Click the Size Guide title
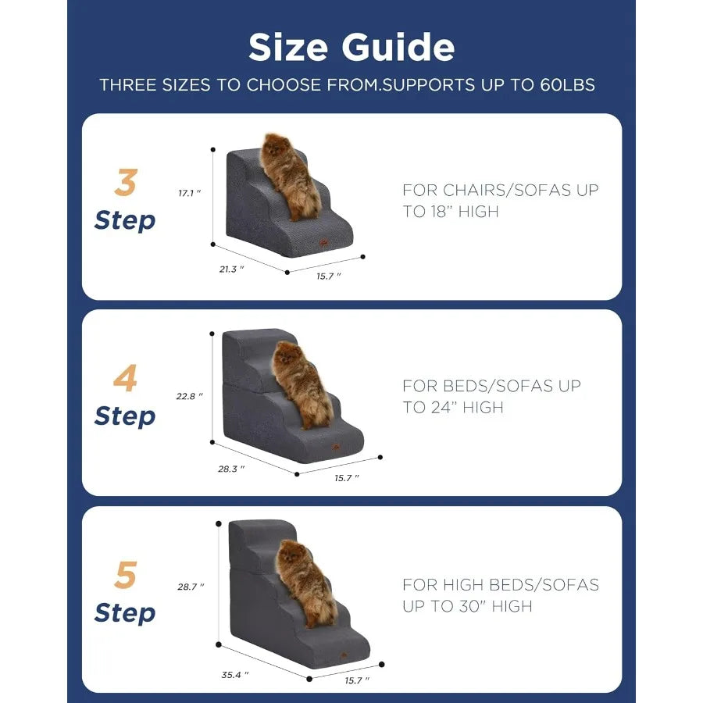[x=351, y=48]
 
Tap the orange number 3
[x=125, y=184]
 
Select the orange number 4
[x=125, y=379]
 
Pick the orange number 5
[x=125, y=576]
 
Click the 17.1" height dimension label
[x=190, y=193]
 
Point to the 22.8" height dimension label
[x=190, y=396]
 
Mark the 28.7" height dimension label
[x=191, y=587]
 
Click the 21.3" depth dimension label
[x=232, y=269]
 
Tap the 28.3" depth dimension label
[x=232, y=469]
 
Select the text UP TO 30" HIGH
[x=467, y=606]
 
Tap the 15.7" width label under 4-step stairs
[x=347, y=477]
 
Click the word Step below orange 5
[x=125, y=613]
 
